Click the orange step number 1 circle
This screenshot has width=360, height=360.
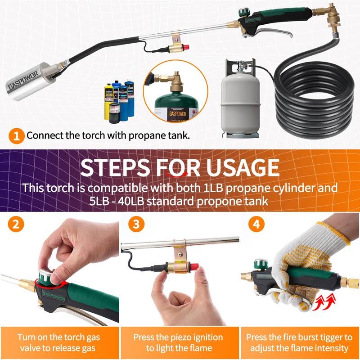click(16, 135)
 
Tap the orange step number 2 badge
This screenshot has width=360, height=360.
click(16, 225)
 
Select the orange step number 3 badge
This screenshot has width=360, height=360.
click(136, 225)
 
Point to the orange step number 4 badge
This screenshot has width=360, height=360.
click(256, 225)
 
